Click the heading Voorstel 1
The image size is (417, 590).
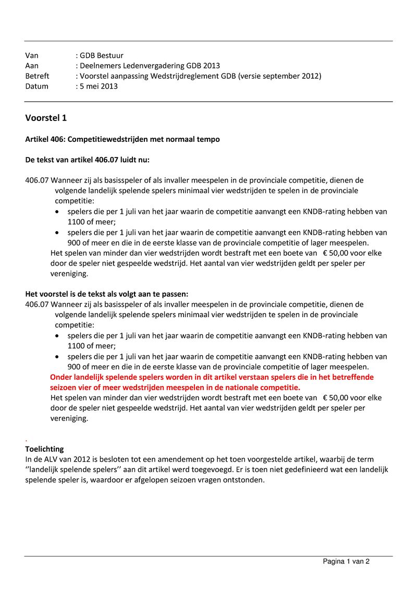pos(46,118)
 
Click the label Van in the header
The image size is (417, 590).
pos(32,55)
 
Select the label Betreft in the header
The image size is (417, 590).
pos(37,76)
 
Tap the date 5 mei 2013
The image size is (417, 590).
pos(99,87)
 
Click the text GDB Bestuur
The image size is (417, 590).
pos(101,55)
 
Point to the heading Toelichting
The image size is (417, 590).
pos(44,449)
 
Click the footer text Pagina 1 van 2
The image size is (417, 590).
pos(346,562)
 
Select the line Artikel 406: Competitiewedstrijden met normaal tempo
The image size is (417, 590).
pos(122,139)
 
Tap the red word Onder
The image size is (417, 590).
pos(62,377)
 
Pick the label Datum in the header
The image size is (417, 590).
pos(36,87)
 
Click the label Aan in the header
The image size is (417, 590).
pos(32,66)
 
